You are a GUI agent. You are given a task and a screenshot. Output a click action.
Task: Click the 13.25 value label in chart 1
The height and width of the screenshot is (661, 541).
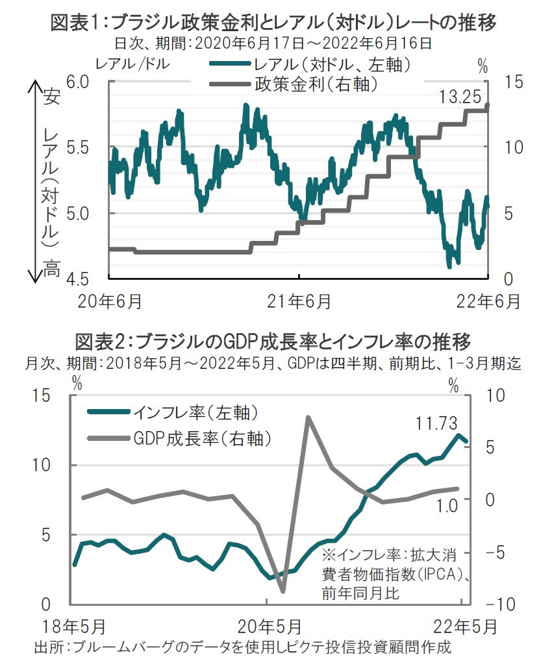(460, 97)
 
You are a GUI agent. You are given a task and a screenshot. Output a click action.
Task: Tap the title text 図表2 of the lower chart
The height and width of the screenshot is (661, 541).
(99, 340)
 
